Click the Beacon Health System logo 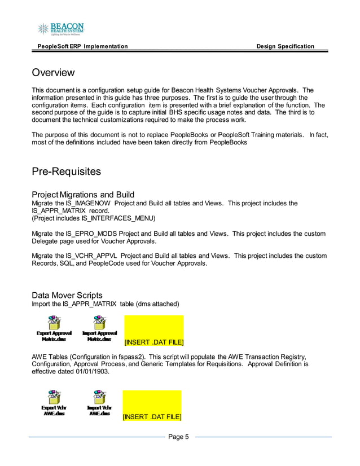pyautogui.click(x=60, y=29)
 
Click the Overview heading pyautogui.click(x=53, y=73)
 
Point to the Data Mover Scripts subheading pyautogui.click(x=67, y=295)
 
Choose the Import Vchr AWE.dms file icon pyautogui.click(x=99, y=402)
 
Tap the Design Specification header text pyautogui.click(x=285, y=46)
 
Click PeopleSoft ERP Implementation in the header pyautogui.click(x=82, y=46)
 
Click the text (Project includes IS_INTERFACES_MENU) pyautogui.click(x=93, y=218)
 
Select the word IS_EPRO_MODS pyautogui.click(x=84, y=234)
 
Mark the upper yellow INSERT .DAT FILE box pyautogui.click(x=153, y=331)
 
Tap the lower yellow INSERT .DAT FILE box pyautogui.click(x=152, y=405)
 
